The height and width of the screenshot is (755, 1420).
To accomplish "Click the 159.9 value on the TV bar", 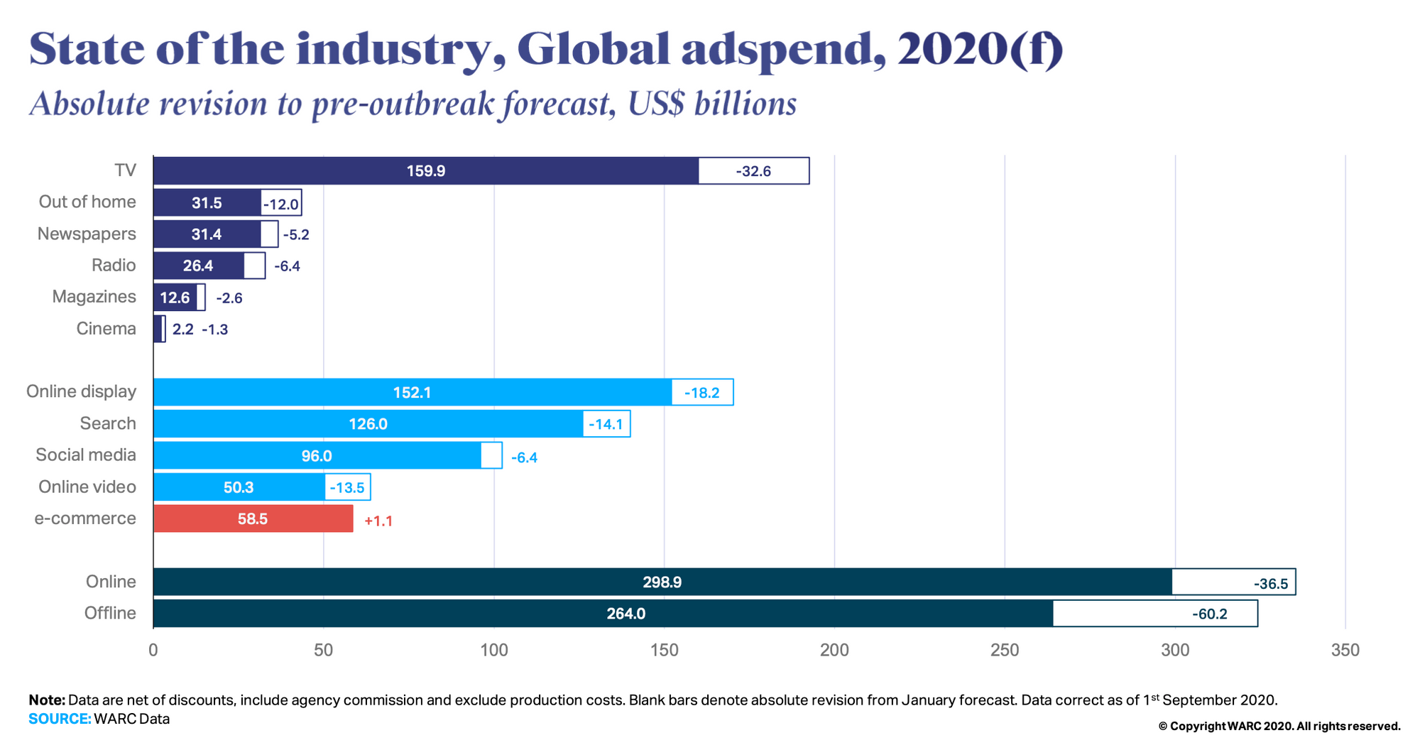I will [x=425, y=171].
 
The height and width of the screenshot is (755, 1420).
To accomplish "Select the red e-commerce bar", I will [x=253, y=519].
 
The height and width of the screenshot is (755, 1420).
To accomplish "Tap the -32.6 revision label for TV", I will [x=753, y=171].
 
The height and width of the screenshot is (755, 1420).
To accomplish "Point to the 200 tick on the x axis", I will [x=834, y=650].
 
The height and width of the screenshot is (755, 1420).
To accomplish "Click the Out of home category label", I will [x=87, y=202].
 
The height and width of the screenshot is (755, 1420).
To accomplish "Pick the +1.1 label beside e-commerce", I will [x=378, y=521].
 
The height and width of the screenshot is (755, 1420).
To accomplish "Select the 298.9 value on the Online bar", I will [x=662, y=582].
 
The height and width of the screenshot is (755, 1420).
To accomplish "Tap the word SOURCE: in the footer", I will [x=60, y=719].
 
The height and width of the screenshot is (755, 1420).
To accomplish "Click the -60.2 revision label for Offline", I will [x=1210, y=614].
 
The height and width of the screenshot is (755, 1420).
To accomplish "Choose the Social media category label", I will [x=86, y=455].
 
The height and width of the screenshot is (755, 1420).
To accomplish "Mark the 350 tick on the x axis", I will [x=1345, y=650].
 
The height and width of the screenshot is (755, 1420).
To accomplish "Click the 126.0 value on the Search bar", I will [x=368, y=424].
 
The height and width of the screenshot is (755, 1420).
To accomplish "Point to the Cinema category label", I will [x=106, y=329].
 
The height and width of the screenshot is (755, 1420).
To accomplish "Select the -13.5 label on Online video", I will [x=346, y=488].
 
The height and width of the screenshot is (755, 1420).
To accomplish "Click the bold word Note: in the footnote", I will [x=47, y=700].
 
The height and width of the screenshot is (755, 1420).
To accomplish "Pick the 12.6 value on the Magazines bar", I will [x=175, y=298].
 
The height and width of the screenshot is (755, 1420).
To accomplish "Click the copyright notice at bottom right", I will [x=1279, y=726].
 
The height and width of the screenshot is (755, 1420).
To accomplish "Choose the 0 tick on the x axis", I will [x=153, y=650].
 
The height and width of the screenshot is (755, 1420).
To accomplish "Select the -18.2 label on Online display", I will [x=701, y=393].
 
